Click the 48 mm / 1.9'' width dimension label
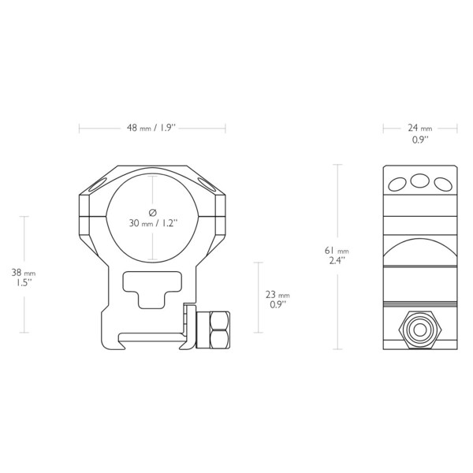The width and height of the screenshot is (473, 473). click(151, 128)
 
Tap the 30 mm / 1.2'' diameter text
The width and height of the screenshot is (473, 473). click(153, 223)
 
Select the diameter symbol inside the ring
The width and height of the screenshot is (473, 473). click(153, 213)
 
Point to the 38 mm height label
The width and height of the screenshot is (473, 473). click(24, 273)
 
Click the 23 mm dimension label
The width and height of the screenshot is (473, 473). click(277, 294)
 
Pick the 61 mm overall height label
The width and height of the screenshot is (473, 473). click(337, 251)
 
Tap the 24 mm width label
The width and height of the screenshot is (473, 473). click(420, 128)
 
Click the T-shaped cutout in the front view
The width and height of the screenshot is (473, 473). click(152, 289)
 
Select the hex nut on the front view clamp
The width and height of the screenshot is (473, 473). click(219, 330)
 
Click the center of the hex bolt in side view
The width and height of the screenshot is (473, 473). click(420, 330)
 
